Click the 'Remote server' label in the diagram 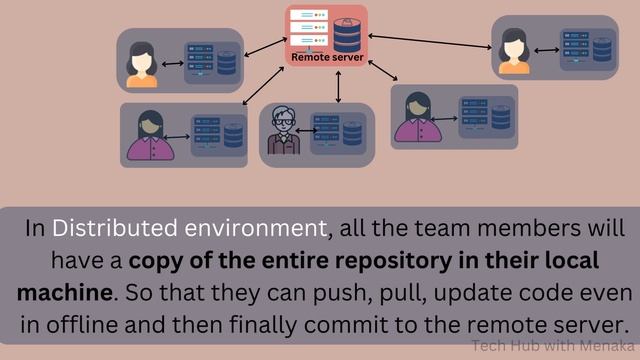(327, 58)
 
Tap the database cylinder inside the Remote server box (346, 35)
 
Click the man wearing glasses (283, 131)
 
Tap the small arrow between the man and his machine (305, 130)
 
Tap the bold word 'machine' (64, 294)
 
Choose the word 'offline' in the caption (93, 327)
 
